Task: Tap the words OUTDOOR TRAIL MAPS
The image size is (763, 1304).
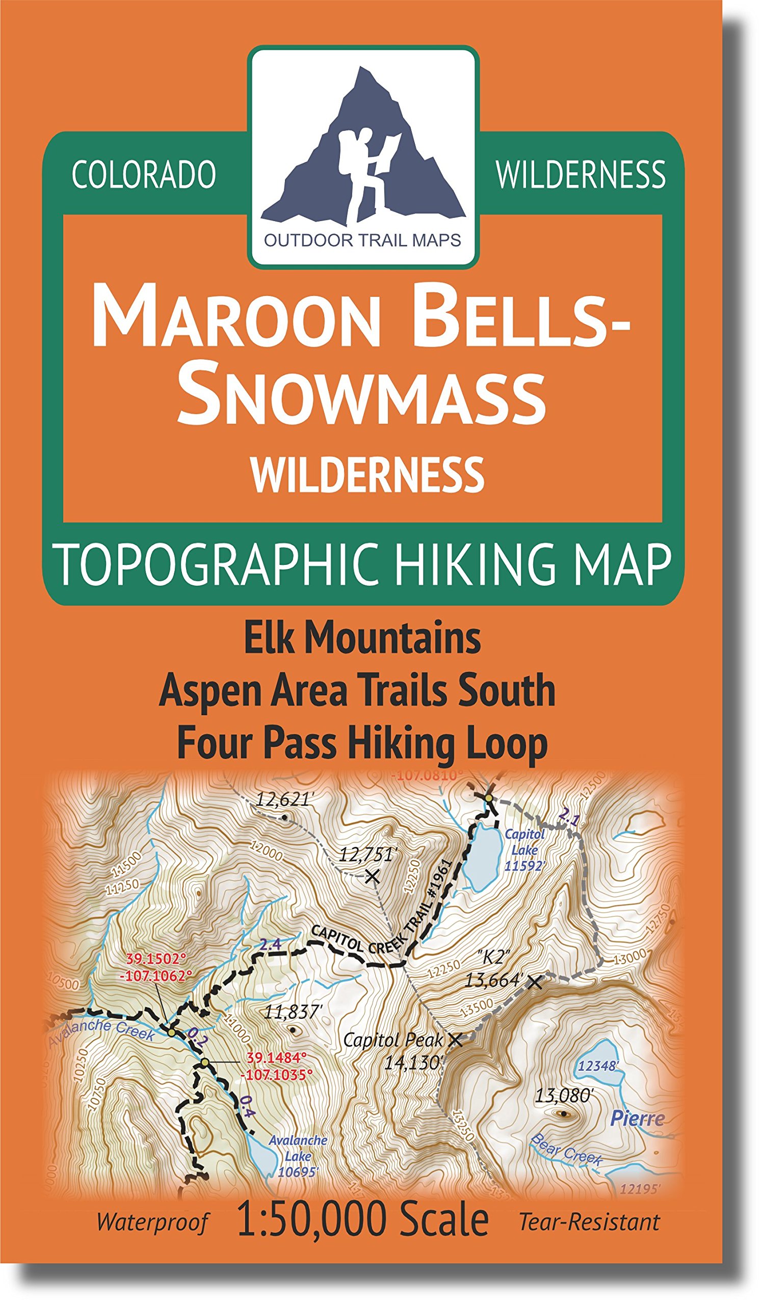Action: pyautogui.click(x=362, y=240)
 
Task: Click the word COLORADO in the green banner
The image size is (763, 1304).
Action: pyautogui.click(x=144, y=175)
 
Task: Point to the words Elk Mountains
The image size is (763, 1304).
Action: pyautogui.click(x=362, y=638)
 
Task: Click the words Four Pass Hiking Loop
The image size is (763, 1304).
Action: pyautogui.click(x=362, y=744)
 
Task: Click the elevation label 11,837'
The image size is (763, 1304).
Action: pyautogui.click(x=293, y=1012)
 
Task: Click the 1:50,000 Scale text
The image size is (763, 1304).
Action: pyautogui.click(x=362, y=1218)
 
